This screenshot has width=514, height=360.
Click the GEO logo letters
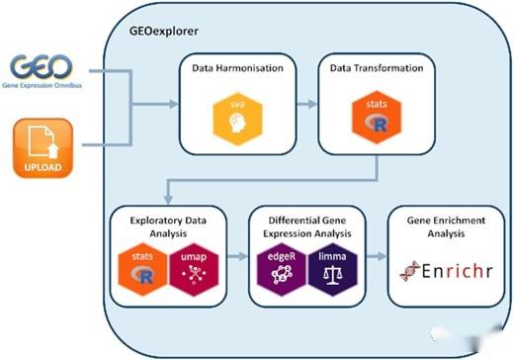point(43,67)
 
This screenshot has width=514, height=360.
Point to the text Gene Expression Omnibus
point(43,86)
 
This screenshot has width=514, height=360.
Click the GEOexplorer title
point(164,31)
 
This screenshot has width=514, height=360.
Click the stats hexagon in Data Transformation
point(373,117)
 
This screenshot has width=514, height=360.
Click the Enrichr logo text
point(442,269)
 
